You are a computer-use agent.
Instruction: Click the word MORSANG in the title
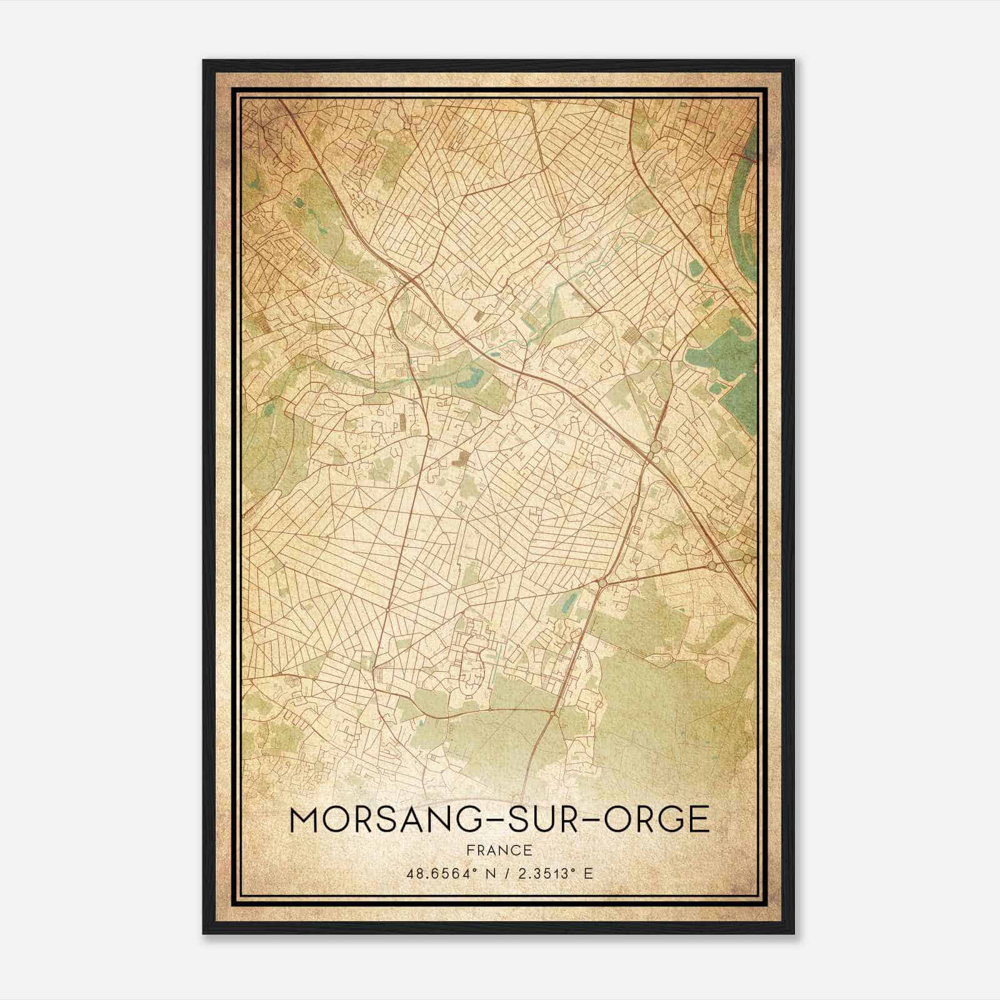click(x=381, y=820)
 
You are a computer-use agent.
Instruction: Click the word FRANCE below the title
click(x=499, y=850)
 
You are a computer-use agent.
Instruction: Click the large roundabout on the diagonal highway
click(x=655, y=447)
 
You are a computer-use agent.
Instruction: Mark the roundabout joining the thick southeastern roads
click(x=602, y=582)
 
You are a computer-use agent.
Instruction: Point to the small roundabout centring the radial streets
click(x=557, y=496)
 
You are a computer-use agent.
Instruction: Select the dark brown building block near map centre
click(x=461, y=459)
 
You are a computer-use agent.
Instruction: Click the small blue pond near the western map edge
click(x=269, y=410)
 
